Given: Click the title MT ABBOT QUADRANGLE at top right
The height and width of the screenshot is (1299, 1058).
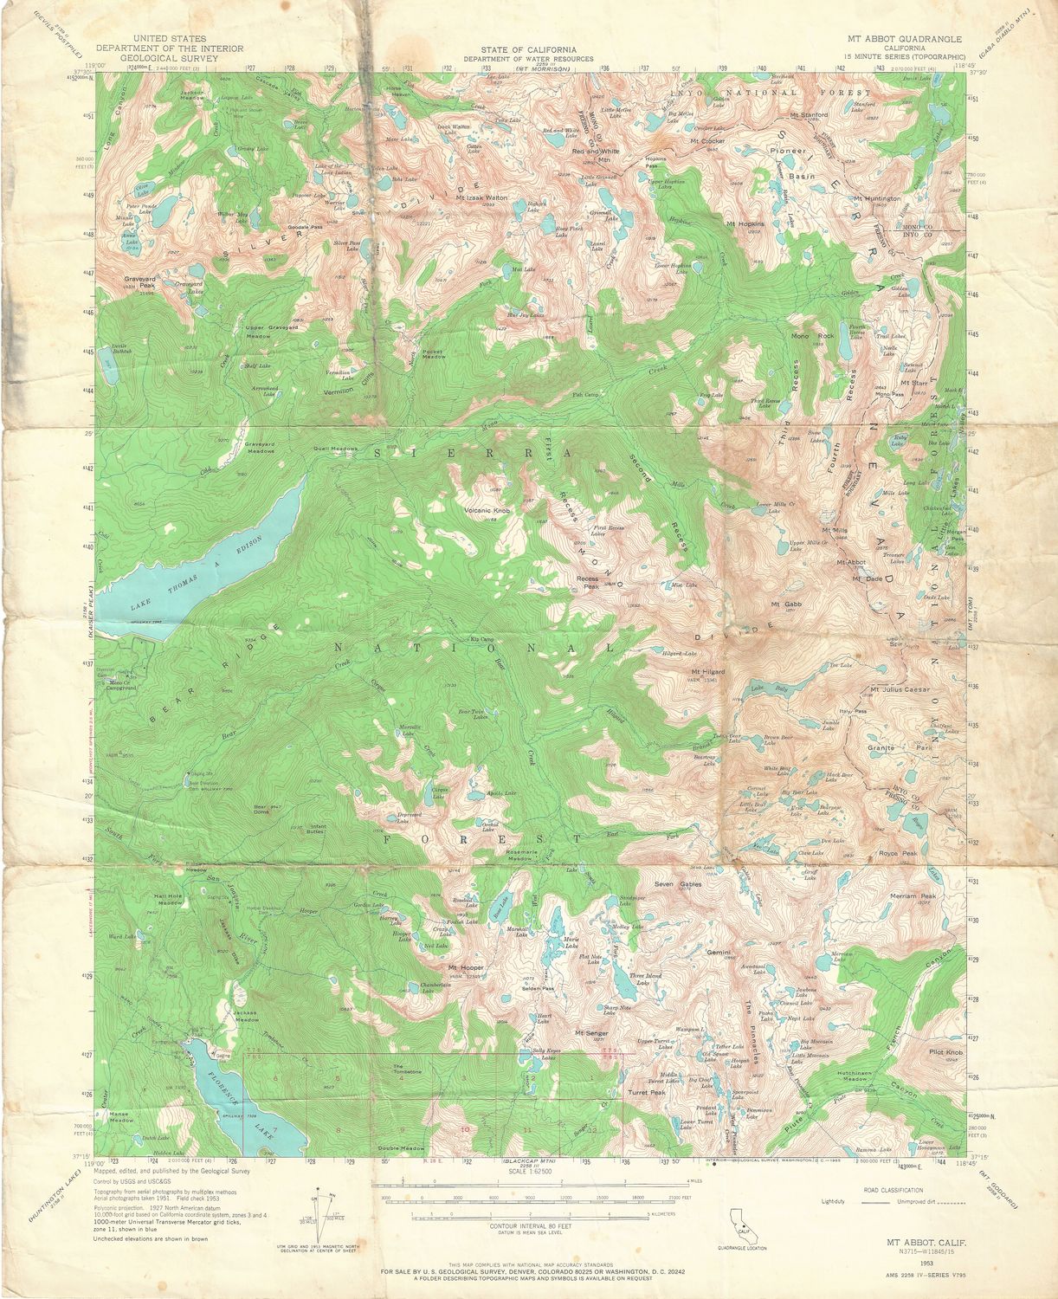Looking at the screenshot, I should click(904, 39).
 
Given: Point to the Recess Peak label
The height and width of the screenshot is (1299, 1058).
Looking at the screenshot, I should click(588, 582).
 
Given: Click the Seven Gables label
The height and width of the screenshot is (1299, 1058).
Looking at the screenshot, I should click(678, 884).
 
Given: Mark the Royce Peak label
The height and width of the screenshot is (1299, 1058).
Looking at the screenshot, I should click(897, 853).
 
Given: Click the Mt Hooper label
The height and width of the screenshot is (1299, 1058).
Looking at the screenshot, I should click(464, 966).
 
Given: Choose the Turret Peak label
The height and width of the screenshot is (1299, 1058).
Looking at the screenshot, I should click(647, 1093).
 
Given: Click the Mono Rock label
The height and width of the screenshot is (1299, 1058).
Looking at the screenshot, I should click(812, 335).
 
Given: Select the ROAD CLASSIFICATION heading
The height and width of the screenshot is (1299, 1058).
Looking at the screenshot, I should click(893, 1191).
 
